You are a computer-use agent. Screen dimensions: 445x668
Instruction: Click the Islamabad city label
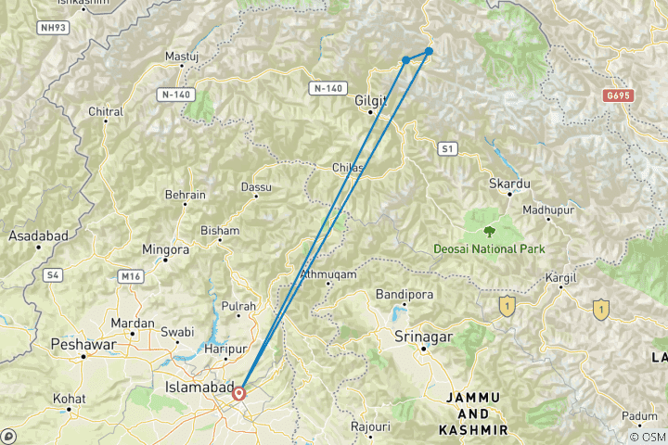coord(198,386)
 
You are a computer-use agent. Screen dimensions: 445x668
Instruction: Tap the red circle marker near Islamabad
coord(239,393)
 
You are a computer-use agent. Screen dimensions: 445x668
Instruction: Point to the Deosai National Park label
coord(488,248)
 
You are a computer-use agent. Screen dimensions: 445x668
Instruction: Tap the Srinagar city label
coord(423,336)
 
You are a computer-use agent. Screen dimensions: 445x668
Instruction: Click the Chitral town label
coord(106,112)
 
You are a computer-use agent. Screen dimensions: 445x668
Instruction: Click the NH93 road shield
coord(51,28)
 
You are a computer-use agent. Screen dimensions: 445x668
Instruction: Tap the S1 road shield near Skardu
coord(449,147)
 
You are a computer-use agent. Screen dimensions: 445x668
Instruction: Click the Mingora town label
coord(165,249)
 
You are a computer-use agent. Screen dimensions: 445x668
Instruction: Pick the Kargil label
coord(561,277)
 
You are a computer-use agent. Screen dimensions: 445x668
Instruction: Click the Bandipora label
coord(399,295)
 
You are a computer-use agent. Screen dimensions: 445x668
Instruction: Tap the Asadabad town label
coord(39,235)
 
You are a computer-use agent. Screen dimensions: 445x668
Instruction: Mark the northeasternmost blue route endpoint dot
coord(429,51)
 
